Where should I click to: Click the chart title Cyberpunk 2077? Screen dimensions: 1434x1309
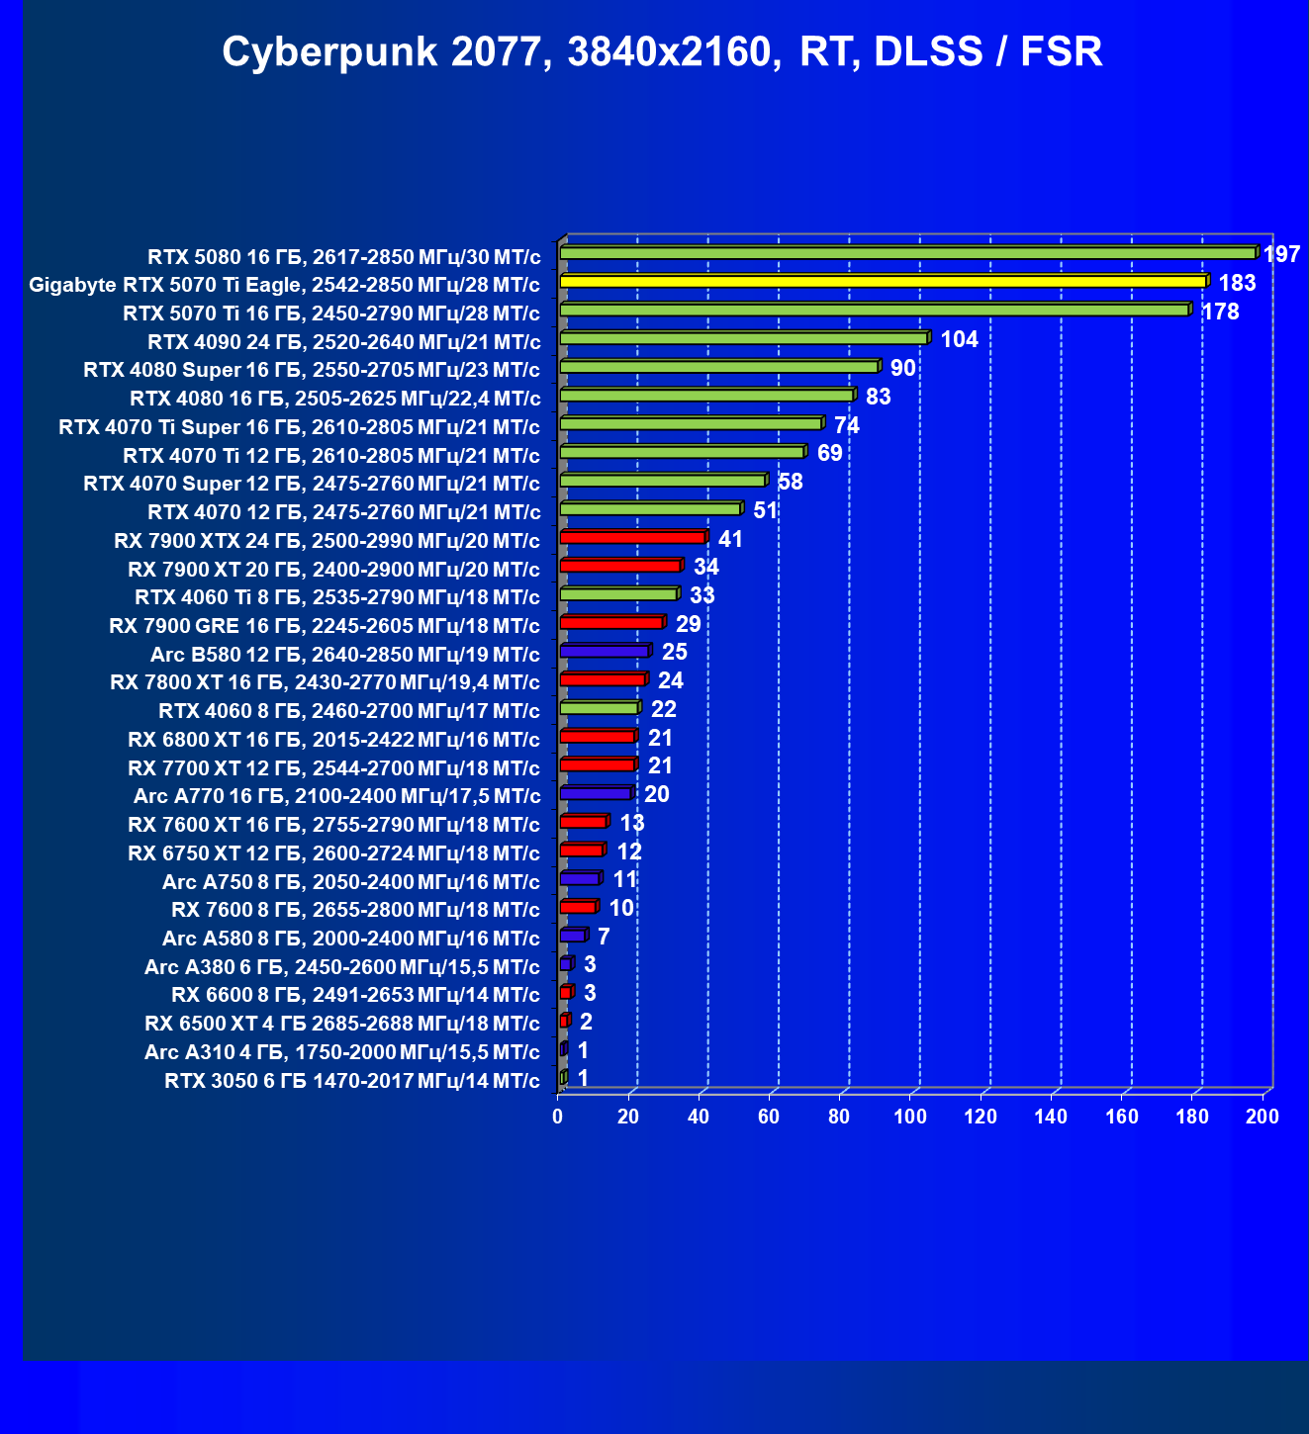(x=661, y=52)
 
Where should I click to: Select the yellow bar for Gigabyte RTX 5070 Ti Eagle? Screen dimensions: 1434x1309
(x=883, y=282)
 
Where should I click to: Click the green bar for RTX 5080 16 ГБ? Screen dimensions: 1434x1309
(x=907, y=253)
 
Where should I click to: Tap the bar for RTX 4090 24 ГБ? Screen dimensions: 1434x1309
(x=743, y=338)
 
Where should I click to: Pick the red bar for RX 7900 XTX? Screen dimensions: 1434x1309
(x=632, y=537)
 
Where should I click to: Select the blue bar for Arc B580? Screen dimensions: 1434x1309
(x=604, y=651)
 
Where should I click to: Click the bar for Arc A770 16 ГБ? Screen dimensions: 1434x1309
(x=596, y=793)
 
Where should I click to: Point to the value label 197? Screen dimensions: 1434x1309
(x=1281, y=255)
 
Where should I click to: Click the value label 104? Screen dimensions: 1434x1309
(x=959, y=340)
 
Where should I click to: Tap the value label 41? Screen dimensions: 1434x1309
(x=730, y=539)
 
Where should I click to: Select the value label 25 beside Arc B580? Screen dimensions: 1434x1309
(x=675, y=652)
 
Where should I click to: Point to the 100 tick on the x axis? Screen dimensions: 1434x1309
(x=910, y=1117)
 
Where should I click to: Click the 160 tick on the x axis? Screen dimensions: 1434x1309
(x=1121, y=1117)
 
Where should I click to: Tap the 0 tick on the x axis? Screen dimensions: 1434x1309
(x=558, y=1117)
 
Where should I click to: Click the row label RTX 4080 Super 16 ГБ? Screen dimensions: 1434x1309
(x=312, y=371)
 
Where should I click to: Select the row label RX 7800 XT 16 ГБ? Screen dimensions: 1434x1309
(x=325, y=682)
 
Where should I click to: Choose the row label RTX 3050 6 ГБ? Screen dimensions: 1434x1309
(x=352, y=1081)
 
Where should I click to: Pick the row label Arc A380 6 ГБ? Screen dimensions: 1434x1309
(x=342, y=967)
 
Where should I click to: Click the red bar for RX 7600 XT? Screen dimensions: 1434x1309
(x=583, y=822)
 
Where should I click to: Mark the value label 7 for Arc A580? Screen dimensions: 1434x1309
(x=604, y=937)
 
